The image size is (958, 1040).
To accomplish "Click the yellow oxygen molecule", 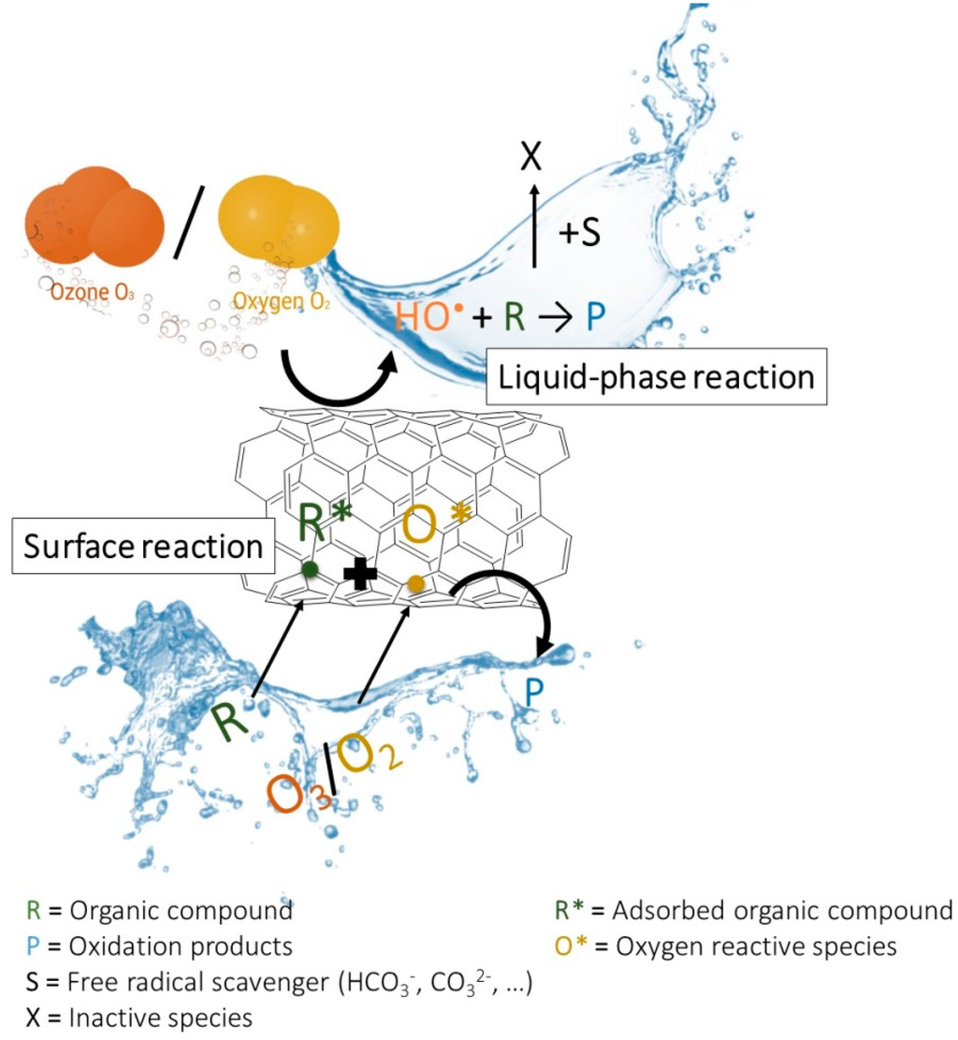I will point(277,222).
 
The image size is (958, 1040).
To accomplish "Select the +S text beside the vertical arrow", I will point(580,233).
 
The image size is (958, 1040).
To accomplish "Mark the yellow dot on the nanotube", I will point(416,584).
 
